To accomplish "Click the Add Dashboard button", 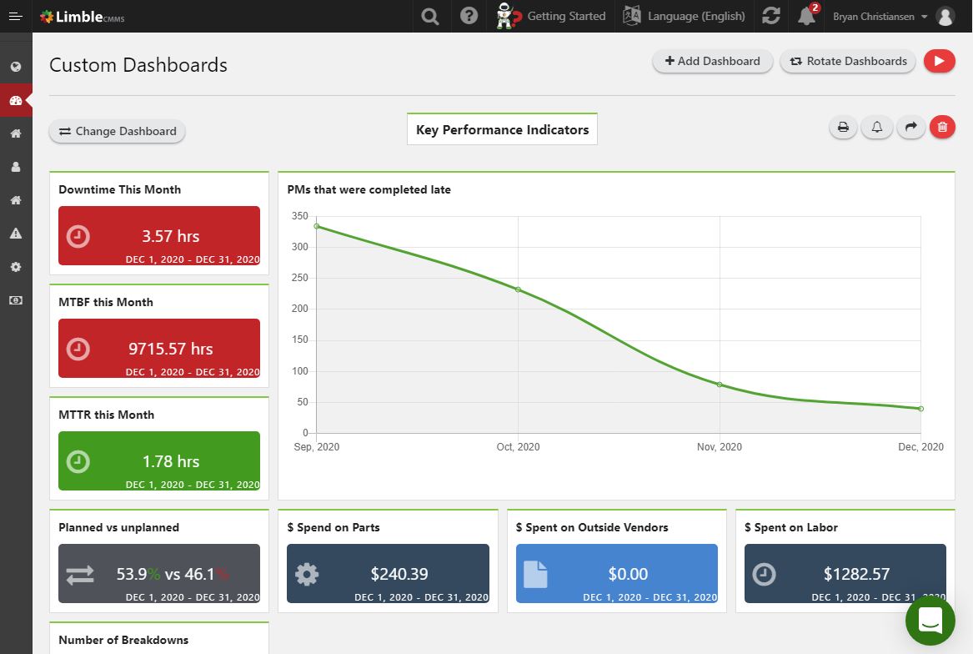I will [x=712, y=61].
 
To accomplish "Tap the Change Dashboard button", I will [x=118, y=131].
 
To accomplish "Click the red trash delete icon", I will [x=942, y=127].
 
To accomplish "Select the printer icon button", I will [x=843, y=127].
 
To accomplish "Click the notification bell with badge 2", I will [x=805, y=16].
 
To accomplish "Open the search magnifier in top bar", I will [x=430, y=16].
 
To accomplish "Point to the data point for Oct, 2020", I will [x=518, y=289].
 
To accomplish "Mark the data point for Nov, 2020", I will [x=720, y=385].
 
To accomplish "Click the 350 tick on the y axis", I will [x=300, y=216].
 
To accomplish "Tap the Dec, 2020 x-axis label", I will [x=920, y=447].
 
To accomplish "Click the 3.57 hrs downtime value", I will [x=171, y=236].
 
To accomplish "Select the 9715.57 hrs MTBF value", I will [x=171, y=349].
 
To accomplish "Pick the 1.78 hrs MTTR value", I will [x=171, y=461].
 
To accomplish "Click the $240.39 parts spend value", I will [x=399, y=574].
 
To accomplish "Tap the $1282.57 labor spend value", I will [x=856, y=574].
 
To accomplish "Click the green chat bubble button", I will [x=930, y=620].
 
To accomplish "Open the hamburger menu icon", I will [x=15, y=16].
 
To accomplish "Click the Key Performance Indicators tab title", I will [x=502, y=129].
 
